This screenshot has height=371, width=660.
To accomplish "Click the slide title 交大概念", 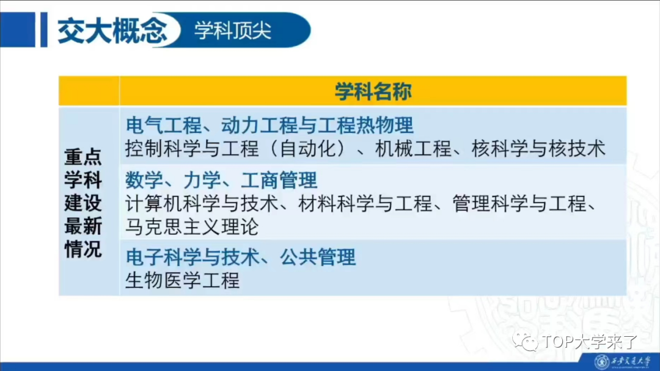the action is [x=112, y=31].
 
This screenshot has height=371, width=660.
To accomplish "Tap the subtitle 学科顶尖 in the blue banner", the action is [x=233, y=31].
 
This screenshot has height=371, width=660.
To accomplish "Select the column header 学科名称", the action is [x=373, y=91].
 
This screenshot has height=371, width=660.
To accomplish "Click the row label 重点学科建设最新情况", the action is [x=83, y=203].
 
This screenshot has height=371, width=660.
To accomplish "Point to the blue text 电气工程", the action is [x=163, y=125].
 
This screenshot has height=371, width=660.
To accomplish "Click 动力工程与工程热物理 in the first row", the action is [x=317, y=125].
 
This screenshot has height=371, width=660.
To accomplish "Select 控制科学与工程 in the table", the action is [x=192, y=148].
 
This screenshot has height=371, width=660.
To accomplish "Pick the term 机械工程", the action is [x=413, y=148].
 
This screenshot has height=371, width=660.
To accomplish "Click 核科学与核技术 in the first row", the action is [x=538, y=148].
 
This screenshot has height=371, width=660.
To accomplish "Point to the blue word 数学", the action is [x=144, y=180].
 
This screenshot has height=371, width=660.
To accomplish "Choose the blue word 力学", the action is [x=202, y=180].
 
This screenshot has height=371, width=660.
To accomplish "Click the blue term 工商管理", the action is [x=279, y=180].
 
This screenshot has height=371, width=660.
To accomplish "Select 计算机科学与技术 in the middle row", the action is [x=202, y=204].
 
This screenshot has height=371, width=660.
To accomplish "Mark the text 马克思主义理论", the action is [x=192, y=227].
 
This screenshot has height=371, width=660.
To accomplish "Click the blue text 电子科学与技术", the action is [x=192, y=257].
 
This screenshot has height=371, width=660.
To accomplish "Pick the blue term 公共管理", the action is [x=318, y=257].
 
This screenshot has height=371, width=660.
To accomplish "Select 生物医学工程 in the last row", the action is [x=183, y=280].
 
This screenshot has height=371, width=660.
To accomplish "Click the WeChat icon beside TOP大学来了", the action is [x=526, y=342].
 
